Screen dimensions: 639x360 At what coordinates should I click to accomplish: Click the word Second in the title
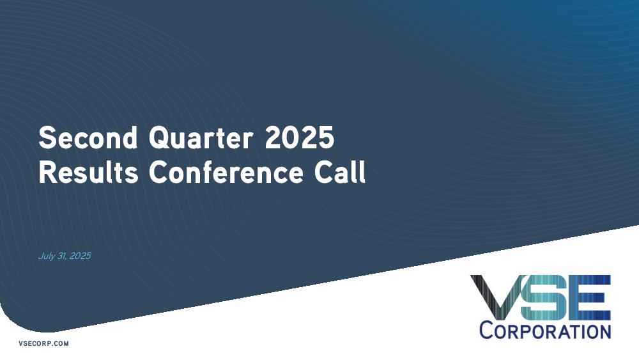click(88, 137)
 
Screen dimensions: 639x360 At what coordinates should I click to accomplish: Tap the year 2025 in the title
click(300, 137)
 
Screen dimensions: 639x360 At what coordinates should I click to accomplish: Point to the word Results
click(88, 172)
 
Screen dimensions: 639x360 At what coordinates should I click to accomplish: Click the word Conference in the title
click(226, 172)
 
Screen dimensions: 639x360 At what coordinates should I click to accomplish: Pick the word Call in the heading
click(339, 172)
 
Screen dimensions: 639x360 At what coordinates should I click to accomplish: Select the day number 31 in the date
click(61, 256)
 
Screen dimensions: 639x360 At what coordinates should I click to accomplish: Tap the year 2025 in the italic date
click(81, 256)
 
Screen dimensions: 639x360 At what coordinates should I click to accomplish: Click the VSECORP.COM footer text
click(43, 343)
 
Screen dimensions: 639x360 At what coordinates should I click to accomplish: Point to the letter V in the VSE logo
click(497, 297)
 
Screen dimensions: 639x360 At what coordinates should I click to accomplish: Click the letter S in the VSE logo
click(543, 297)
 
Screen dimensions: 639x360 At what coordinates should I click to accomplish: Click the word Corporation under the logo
click(545, 330)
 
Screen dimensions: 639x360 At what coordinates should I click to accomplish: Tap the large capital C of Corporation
click(486, 330)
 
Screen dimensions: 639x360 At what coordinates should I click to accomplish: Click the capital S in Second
click(47, 137)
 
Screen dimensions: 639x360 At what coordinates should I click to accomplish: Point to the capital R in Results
click(47, 172)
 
